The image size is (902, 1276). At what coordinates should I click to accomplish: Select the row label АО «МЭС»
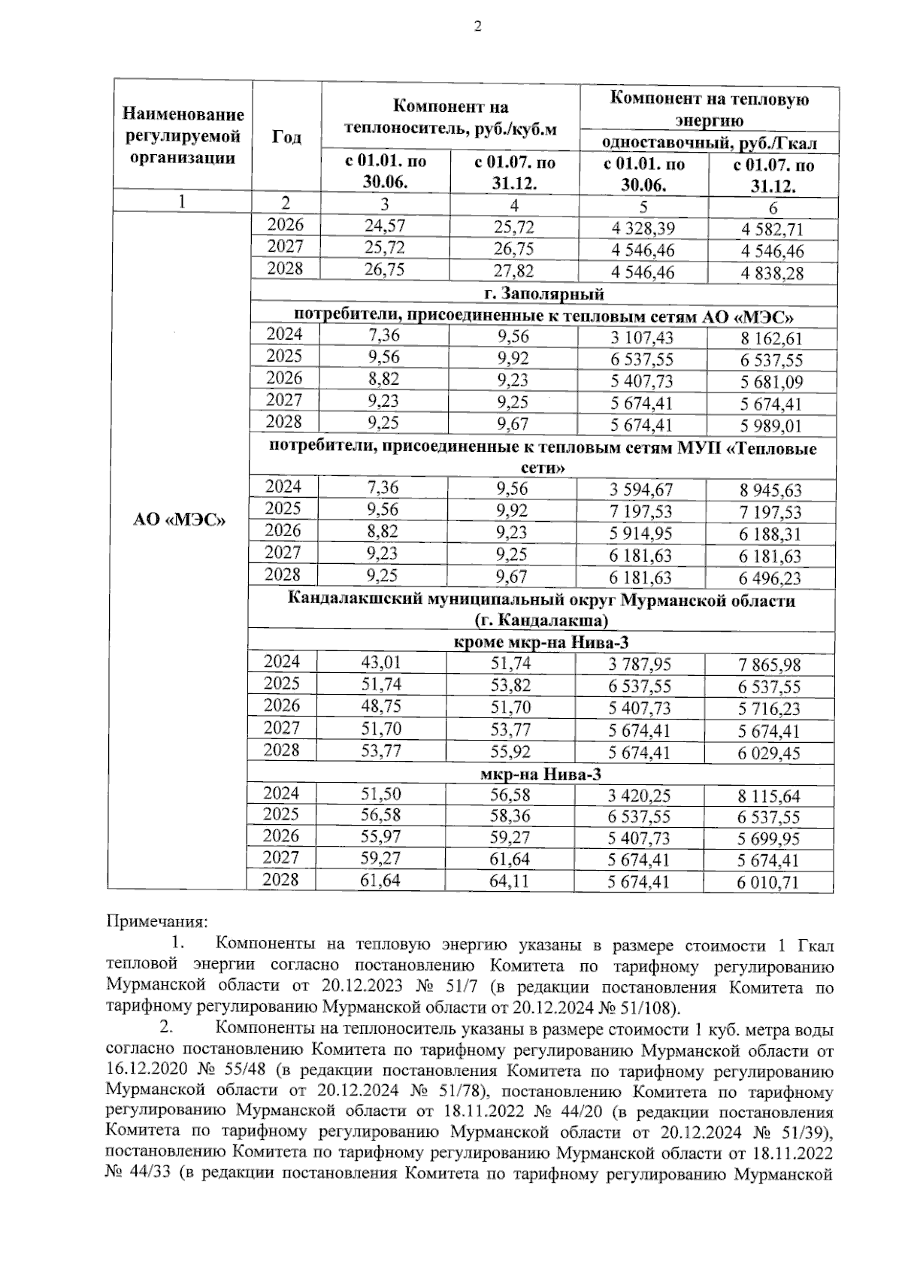pos(180,521)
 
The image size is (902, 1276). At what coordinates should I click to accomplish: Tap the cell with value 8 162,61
pos(770,339)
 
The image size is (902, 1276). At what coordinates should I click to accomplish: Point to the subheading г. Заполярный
pos(543,293)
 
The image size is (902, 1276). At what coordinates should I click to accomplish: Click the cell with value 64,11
pos(509,881)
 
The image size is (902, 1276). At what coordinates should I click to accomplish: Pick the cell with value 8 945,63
pos(770,491)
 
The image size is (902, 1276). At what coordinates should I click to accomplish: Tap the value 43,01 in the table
pos(381,663)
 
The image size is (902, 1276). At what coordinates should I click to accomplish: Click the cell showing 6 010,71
pos(767,883)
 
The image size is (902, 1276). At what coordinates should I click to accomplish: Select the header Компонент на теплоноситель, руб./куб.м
pos(450,117)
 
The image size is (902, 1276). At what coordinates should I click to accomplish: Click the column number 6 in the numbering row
pos(773,208)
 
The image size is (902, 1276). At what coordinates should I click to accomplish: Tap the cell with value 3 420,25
pos(641,796)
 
